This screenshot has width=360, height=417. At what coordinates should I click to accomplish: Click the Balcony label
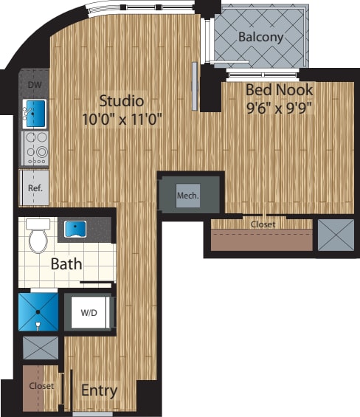(x=260, y=37)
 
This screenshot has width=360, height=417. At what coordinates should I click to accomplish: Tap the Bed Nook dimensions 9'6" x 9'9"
(x=279, y=108)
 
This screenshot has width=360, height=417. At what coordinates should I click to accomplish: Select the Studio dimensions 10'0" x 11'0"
(x=122, y=119)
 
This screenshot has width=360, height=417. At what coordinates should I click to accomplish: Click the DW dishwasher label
(x=35, y=85)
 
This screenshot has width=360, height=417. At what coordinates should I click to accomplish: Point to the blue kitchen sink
(x=35, y=113)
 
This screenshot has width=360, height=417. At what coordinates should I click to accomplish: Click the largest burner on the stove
(x=42, y=152)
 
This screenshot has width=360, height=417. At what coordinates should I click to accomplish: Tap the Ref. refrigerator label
(x=35, y=188)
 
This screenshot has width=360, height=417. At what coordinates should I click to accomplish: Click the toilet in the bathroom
(x=38, y=235)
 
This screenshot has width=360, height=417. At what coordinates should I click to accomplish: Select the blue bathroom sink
(x=75, y=229)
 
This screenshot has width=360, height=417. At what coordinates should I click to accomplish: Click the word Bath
(x=66, y=263)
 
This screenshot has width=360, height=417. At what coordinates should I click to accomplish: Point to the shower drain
(x=38, y=312)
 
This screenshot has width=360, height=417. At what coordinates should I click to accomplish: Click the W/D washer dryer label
(x=89, y=313)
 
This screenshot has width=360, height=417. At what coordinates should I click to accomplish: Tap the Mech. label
(x=187, y=196)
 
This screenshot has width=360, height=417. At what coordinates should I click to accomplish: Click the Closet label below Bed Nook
(x=263, y=224)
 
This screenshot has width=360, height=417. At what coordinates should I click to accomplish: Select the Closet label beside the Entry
(x=41, y=386)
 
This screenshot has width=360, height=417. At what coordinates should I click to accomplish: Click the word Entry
(x=99, y=390)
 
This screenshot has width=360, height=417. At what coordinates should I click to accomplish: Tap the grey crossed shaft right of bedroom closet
(x=336, y=235)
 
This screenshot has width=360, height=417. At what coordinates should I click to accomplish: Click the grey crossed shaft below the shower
(x=41, y=348)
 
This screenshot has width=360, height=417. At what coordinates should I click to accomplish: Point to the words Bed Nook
(x=279, y=90)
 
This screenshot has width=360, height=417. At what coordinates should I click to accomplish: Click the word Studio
(x=122, y=101)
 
